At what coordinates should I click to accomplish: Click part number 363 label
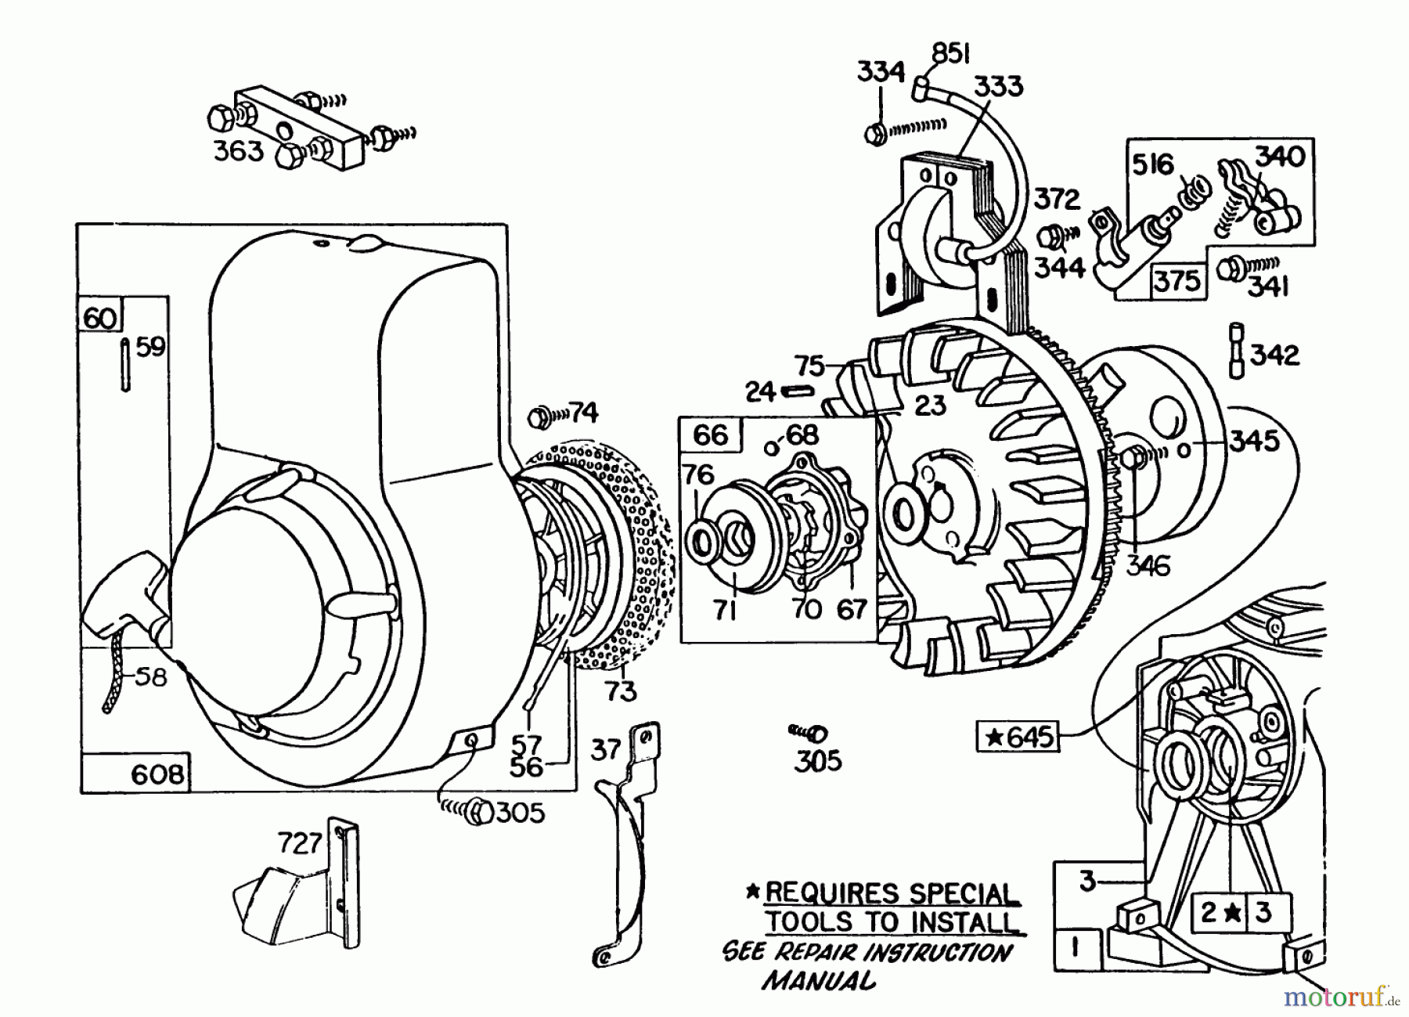tap(239, 150)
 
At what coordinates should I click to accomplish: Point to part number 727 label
tap(301, 843)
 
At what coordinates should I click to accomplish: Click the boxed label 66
tap(710, 435)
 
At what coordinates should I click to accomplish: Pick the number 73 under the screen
tap(619, 691)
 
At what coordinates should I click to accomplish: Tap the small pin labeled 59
tap(126, 364)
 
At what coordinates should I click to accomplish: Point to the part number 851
tap(950, 54)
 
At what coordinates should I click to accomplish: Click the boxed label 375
tap(1177, 280)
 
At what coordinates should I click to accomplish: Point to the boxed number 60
tap(100, 319)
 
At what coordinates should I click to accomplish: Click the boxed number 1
tap(1075, 947)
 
